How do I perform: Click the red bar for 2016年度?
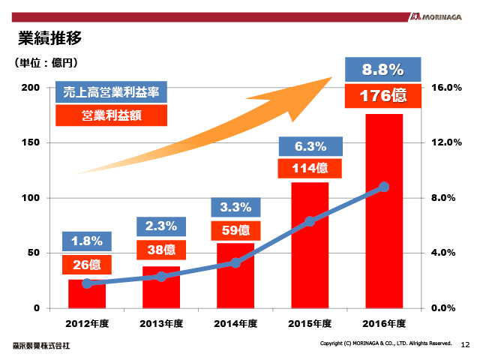(384, 211)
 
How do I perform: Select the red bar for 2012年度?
(87, 294)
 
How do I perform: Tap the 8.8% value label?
(383, 70)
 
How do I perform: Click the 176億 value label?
(383, 95)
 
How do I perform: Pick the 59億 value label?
(235, 229)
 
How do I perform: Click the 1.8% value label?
(87, 241)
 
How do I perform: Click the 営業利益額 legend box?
(111, 115)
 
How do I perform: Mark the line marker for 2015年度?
(310, 221)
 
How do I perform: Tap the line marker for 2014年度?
(235, 262)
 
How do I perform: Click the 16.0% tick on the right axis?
(447, 88)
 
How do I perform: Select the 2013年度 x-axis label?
(161, 324)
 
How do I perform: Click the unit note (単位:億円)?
(46, 63)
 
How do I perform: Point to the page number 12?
(465, 344)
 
